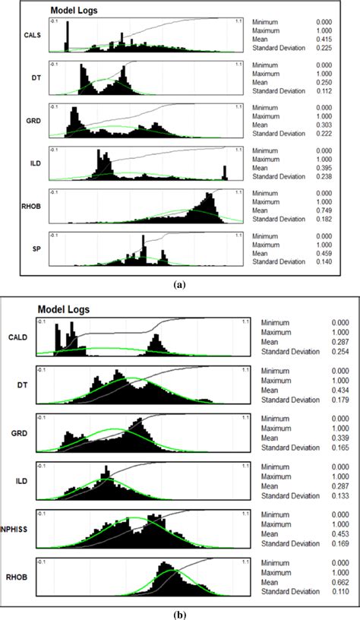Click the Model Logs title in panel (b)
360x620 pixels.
pyautogui.click(x=63, y=310)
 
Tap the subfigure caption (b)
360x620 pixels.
pyautogui.click(x=179, y=613)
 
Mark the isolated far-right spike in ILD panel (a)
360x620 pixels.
pyautogui.click(x=225, y=172)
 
